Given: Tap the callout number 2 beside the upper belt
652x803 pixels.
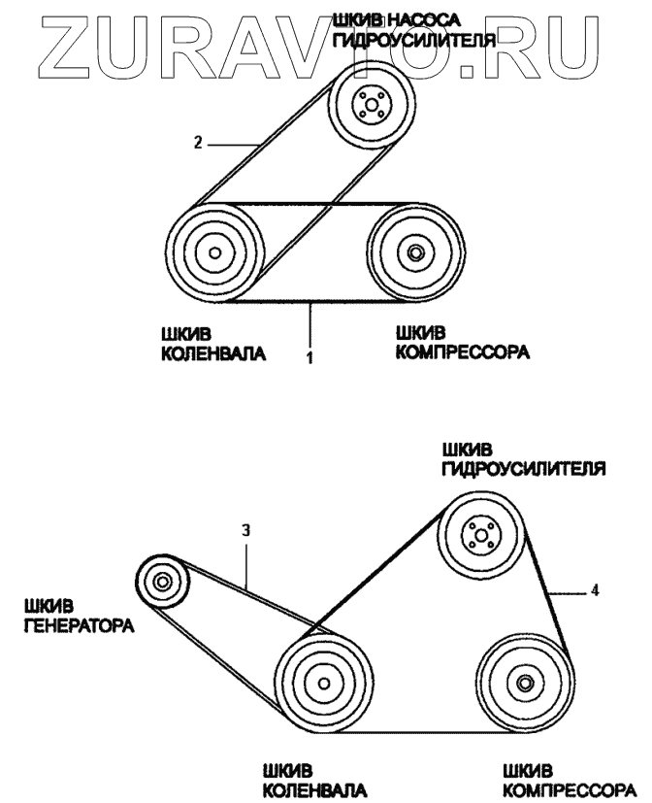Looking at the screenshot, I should pyautogui.click(x=197, y=143).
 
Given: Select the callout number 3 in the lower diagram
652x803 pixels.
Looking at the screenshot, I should pyautogui.click(x=247, y=531).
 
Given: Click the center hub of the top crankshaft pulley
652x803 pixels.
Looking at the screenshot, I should pyautogui.click(x=212, y=254).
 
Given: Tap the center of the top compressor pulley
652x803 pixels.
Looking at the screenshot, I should pyautogui.click(x=415, y=253).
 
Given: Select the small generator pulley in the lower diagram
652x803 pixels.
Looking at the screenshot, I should pyautogui.click(x=161, y=583).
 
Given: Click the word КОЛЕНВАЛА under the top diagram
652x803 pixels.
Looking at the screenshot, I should pyautogui.click(x=212, y=354).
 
